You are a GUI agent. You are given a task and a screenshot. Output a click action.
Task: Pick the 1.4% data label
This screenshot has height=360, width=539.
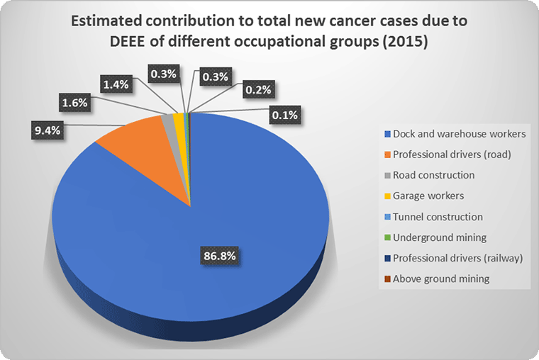point(116,85)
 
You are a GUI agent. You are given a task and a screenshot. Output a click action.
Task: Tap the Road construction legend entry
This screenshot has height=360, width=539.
point(433,175)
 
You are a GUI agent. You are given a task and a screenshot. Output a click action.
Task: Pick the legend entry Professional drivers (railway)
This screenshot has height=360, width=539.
point(457,258)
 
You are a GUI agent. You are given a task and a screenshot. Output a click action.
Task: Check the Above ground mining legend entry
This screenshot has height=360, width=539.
point(440,279)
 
